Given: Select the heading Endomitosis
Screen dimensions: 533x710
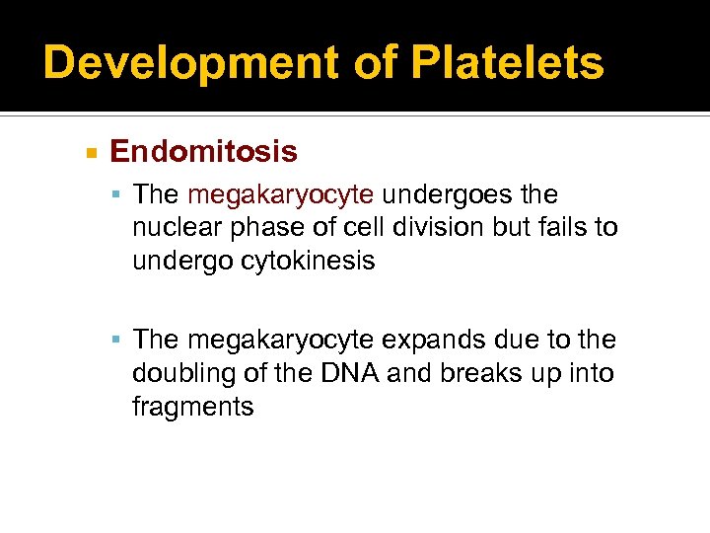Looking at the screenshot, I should coord(203,151).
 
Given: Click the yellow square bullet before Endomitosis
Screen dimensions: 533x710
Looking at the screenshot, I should coord(91,153).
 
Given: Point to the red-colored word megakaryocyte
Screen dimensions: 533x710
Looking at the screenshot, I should coord(280,194).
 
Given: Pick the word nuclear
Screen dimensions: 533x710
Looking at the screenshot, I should coord(178,228).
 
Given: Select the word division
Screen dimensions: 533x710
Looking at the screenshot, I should coord(440,228).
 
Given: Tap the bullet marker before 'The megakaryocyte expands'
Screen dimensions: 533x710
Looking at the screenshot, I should coord(116,341).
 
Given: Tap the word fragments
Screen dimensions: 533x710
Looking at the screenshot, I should coord(193,406).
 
